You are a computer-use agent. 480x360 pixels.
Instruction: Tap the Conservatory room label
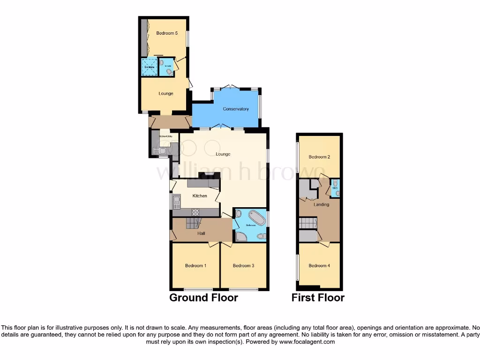pyautogui.click(x=236, y=109)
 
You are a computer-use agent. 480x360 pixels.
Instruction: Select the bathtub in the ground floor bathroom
pyautogui.click(x=257, y=217)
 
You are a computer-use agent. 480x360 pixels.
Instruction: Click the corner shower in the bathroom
pyautogui.click(x=240, y=236)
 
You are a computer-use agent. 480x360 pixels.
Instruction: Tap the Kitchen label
pyautogui.click(x=200, y=196)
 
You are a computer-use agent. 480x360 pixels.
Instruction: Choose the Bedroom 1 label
pyautogui.click(x=195, y=266)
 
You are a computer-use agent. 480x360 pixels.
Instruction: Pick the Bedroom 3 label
pyautogui.click(x=243, y=266)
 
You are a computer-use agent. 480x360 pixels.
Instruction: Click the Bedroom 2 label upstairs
pyautogui.click(x=319, y=157)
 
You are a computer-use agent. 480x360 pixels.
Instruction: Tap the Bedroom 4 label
pyautogui.click(x=319, y=266)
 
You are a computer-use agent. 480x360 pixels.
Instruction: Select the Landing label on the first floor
pyautogui.click(x=322, y=204)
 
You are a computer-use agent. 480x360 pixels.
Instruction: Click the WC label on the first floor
pyautogui.click(x=335, y=188)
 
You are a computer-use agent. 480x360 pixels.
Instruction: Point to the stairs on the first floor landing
pyautogui.click(x=308, y=223)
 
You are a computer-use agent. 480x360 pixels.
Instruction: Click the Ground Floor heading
pyautogui.click(x=203, y=298)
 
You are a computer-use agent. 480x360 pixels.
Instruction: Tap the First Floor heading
pyautogui.click(x=318, y=298)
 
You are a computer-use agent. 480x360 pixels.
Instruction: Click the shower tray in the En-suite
pyautogui.click(x=150, y=67)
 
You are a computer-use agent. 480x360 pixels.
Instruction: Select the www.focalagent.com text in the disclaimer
pyautogui.click(x=307, y=342)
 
